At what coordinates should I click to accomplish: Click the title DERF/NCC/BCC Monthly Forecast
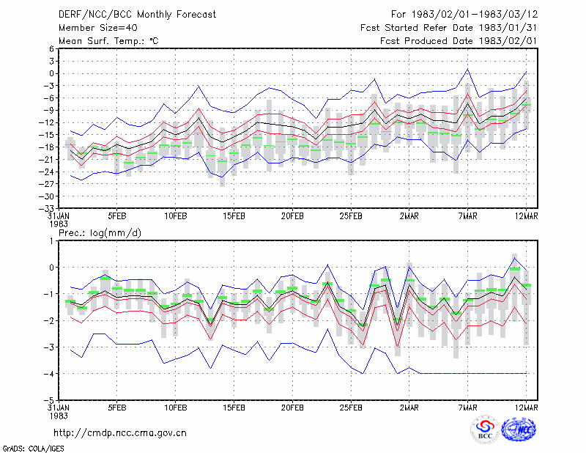(137, 15)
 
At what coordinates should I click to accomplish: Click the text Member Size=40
(98, 28)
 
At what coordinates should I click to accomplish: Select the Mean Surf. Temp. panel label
(108, 41)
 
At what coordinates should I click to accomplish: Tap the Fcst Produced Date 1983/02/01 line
(459, 41)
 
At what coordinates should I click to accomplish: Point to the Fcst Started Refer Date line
(448, 28)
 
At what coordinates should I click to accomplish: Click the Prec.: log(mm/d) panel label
(100, 233)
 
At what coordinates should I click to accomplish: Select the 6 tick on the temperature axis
(51, 48)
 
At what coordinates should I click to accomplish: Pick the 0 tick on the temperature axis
(51, 73)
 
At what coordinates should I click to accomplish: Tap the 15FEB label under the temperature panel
(234, 216)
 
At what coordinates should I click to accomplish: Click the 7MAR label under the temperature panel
(467, 216)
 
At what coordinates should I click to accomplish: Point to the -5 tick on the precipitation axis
(49, 400)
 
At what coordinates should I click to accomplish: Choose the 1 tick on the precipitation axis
(51, 240)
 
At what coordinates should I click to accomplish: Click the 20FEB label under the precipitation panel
(292, 408)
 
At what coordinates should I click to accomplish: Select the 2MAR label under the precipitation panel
(409, 408)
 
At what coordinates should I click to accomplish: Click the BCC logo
(485, 430)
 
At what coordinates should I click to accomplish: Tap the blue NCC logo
(519, 430)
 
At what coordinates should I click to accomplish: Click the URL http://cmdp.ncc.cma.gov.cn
(120, 433)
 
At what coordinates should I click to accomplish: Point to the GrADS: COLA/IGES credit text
(33, 449)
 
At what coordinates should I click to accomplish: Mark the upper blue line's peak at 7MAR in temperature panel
(467, 69)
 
